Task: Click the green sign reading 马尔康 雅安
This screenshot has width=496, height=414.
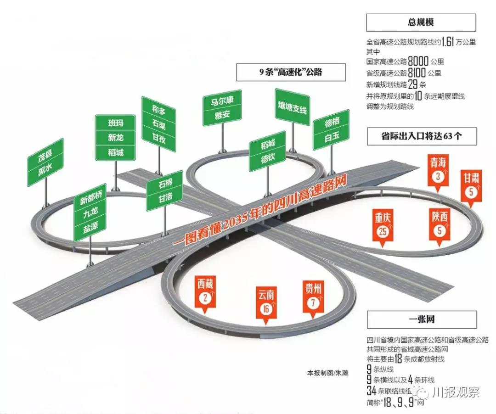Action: pyautogui.click(x=222, y=108)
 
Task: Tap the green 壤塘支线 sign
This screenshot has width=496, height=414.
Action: pyautogui.click(x=292, y=107)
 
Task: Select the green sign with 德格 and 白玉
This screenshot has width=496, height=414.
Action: pyautogui.click(x=331, y=129)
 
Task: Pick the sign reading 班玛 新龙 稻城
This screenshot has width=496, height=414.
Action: pyautogui.click(x=115, y=137)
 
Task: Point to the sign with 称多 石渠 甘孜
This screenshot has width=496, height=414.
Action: pyautogui.click(x=158, y=124)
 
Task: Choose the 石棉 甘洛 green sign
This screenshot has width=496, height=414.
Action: pyautogui.click(x=165, y=193)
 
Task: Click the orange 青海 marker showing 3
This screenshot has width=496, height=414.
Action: pyautogui.click(x=437, y=169)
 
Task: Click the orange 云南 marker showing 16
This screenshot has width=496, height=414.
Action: pyautogui.click(x=266, y=303)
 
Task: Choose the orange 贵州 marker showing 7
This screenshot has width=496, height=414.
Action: pyautogui.click(x=313, y=297)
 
